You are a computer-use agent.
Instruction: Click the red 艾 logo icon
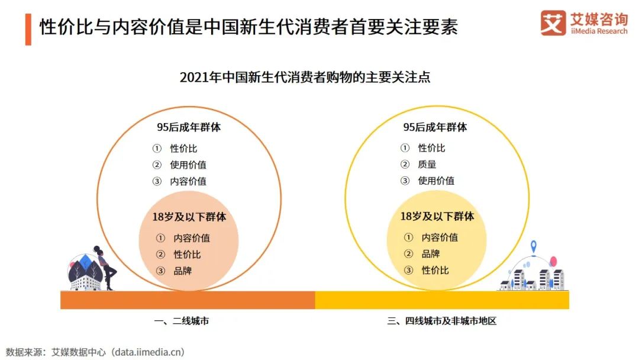tap(553, 23)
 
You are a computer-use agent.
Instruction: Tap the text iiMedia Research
tap(599, 31)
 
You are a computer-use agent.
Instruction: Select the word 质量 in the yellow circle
tap(427, 165)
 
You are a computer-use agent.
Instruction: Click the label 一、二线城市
tap(181, 322)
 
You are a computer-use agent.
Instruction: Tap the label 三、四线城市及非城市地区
tap(441, 322)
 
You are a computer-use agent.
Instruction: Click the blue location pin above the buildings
tap(533, 246)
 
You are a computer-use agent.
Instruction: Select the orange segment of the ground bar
tap(188, 300)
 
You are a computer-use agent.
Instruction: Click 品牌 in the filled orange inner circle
tap(182, 271)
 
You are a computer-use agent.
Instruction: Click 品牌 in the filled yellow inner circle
tap(430, 253)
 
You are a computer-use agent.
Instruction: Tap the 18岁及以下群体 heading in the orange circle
tap(189, 217)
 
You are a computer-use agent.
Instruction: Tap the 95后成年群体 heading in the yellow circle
tap(435, 127)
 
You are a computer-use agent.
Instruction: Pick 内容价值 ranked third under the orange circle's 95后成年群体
tap(188, 182)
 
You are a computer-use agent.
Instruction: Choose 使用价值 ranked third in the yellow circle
tap(436, 181)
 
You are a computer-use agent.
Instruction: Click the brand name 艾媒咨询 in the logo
tap(599, 18)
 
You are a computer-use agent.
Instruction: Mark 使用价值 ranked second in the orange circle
tap(188, 165)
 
